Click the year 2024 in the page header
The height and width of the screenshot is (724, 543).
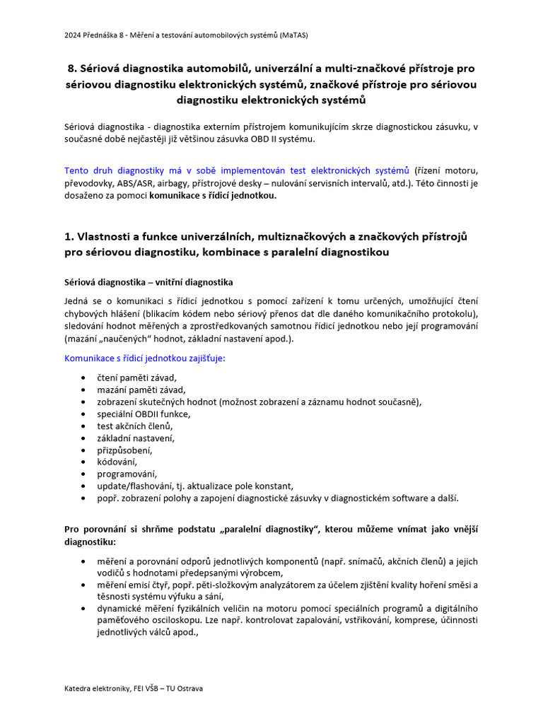point(72,34)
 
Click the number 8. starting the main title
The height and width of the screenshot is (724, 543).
point(73,69)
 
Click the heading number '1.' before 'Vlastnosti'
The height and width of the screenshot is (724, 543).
point(69,236)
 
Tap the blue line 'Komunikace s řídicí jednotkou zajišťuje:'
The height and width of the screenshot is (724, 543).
point(145,358)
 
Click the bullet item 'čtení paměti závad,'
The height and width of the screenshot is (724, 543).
point(136,378)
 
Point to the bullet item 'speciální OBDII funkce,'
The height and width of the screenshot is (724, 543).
point(144,414)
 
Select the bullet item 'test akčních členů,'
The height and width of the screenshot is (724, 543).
point(135,426)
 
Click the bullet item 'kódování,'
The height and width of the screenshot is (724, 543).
point(117,462)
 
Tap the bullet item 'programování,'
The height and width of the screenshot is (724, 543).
point(127,474)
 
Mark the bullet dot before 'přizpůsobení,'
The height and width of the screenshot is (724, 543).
point(85,450)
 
